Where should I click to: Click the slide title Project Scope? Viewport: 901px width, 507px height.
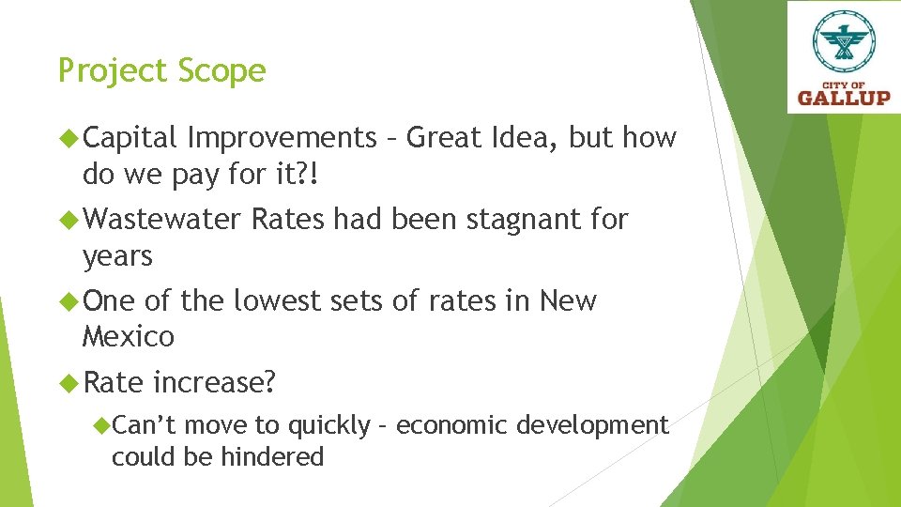pos(161,71)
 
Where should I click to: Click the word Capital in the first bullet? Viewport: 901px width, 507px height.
pos(130,138)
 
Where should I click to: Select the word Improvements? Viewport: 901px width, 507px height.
pos(282,138)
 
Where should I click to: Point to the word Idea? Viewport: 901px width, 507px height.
pos(526,138)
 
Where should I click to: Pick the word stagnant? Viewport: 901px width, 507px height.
pos(522,220)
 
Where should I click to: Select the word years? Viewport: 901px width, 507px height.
pos(117,255)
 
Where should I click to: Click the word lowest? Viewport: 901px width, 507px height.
pos(273,301)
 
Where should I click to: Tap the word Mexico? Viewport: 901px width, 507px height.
pos(129,335)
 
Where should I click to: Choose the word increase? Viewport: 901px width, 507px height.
pos(214,383)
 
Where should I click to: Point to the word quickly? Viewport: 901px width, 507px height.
pos(328,426)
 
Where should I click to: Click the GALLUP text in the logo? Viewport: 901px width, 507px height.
pos(843,96)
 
